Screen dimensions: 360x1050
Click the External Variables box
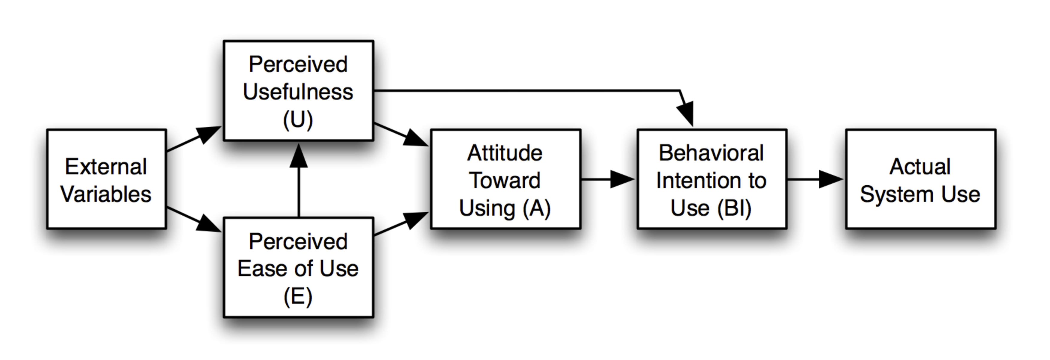coord(106,179)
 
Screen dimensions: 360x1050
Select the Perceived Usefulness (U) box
coord(298,90)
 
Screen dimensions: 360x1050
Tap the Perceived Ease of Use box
coord(298,267)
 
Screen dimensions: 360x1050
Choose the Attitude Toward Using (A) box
coord(506,179)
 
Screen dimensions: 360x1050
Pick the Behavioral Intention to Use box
coord(712,179)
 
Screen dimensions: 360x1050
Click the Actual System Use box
coord(920,179)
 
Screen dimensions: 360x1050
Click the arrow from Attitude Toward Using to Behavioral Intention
coord(607,179)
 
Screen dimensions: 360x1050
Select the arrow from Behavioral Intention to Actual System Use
coord(815,179)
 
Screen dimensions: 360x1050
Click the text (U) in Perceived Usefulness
coord(298,120)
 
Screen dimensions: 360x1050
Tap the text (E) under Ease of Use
coord(298,297)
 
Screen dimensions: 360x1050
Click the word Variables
coord(106,194)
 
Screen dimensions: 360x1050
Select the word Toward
coord(505,180)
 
